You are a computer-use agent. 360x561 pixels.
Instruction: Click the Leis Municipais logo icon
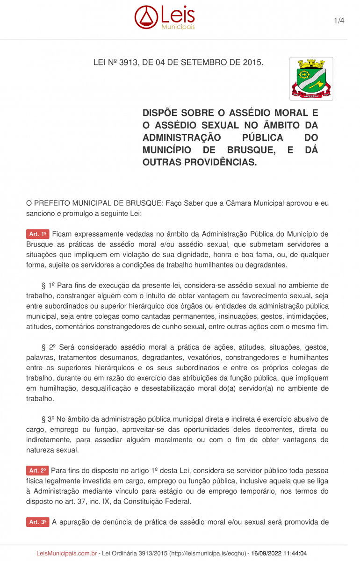146,17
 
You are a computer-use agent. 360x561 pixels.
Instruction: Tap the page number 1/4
339,21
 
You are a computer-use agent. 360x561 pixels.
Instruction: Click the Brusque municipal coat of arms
311,79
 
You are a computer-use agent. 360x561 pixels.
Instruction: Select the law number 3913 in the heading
129,62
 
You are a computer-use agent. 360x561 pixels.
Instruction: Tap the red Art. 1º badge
38,234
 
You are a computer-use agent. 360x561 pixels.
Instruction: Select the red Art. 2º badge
37,470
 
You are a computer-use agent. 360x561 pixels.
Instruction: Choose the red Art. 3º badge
37,522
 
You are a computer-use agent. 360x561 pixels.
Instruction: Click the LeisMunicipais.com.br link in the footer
67,553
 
